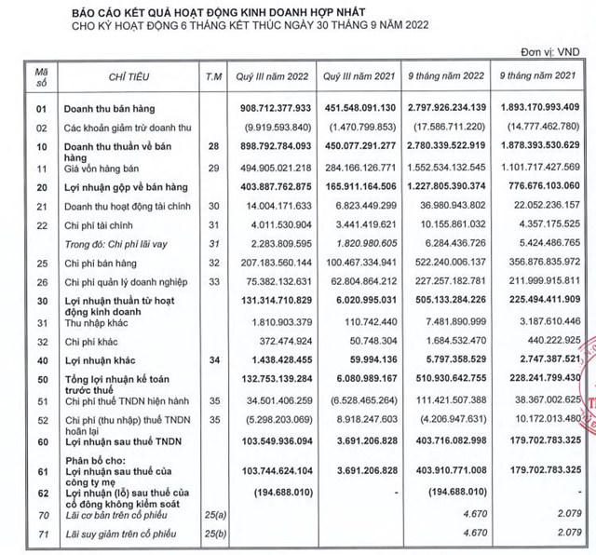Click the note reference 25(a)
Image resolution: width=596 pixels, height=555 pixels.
coord(213,512)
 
